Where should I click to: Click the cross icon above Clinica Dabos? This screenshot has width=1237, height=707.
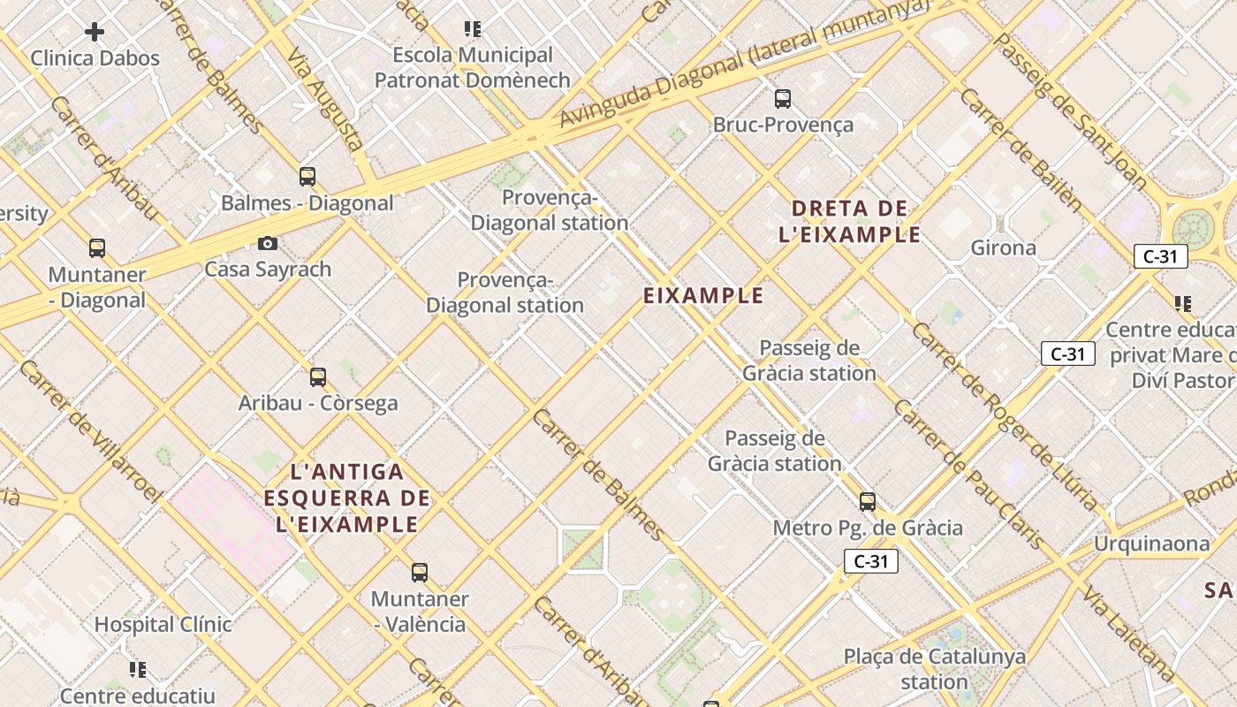tap(95, 33)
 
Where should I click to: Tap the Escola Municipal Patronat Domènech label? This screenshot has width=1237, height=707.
tap(473, 67)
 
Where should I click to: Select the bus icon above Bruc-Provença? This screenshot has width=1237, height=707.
tap(782, 98)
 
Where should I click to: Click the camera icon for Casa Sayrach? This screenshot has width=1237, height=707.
tap(267, 243)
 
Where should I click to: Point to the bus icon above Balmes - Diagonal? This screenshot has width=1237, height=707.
tap(307, 177)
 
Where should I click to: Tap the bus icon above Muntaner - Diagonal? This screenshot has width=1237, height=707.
tap(97, 248)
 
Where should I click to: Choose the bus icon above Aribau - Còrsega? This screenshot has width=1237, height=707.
tap(318, 377)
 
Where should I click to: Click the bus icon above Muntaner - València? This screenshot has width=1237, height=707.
tap(420, 573)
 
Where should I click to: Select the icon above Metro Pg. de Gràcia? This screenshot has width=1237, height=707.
tap(868, 502)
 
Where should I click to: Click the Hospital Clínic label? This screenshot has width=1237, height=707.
tap(163, 624)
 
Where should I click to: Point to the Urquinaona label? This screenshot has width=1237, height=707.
tap(1152, 543)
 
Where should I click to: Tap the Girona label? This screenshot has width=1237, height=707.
tap(1003, 247)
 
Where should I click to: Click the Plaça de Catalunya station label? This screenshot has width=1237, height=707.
tap(935, 669)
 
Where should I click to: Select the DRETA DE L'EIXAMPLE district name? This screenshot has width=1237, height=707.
tap(849, 221)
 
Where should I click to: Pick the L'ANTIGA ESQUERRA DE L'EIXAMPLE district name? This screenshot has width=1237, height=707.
tap(346, 498)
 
